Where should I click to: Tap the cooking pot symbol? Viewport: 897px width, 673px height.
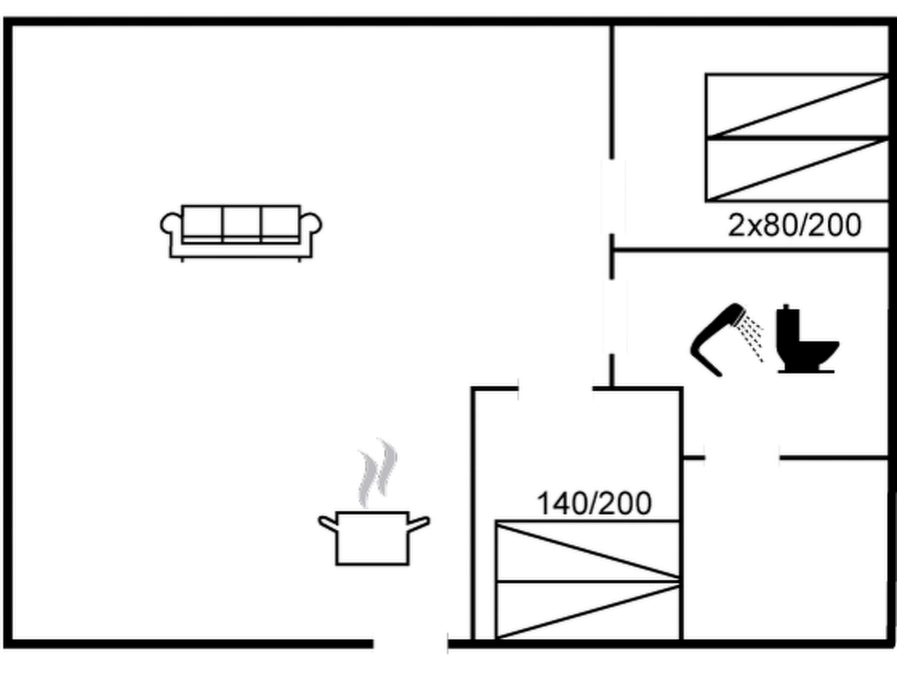[x=372, y=538]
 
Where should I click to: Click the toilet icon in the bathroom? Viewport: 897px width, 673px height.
[x=804, y=342]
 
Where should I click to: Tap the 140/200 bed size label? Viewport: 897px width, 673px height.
[x=594, y=504]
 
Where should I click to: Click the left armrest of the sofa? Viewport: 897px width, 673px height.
[x=171, y=224]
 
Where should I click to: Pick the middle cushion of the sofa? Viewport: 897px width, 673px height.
[x=242, y=223]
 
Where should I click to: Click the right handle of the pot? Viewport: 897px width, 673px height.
[x=419, y=523]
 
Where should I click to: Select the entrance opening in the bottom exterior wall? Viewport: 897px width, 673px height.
[x=410, y=644]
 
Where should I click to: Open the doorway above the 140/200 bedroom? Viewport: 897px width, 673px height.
[x=555, y=388]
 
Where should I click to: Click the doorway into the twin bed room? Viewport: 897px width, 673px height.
[x=612, y=196]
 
